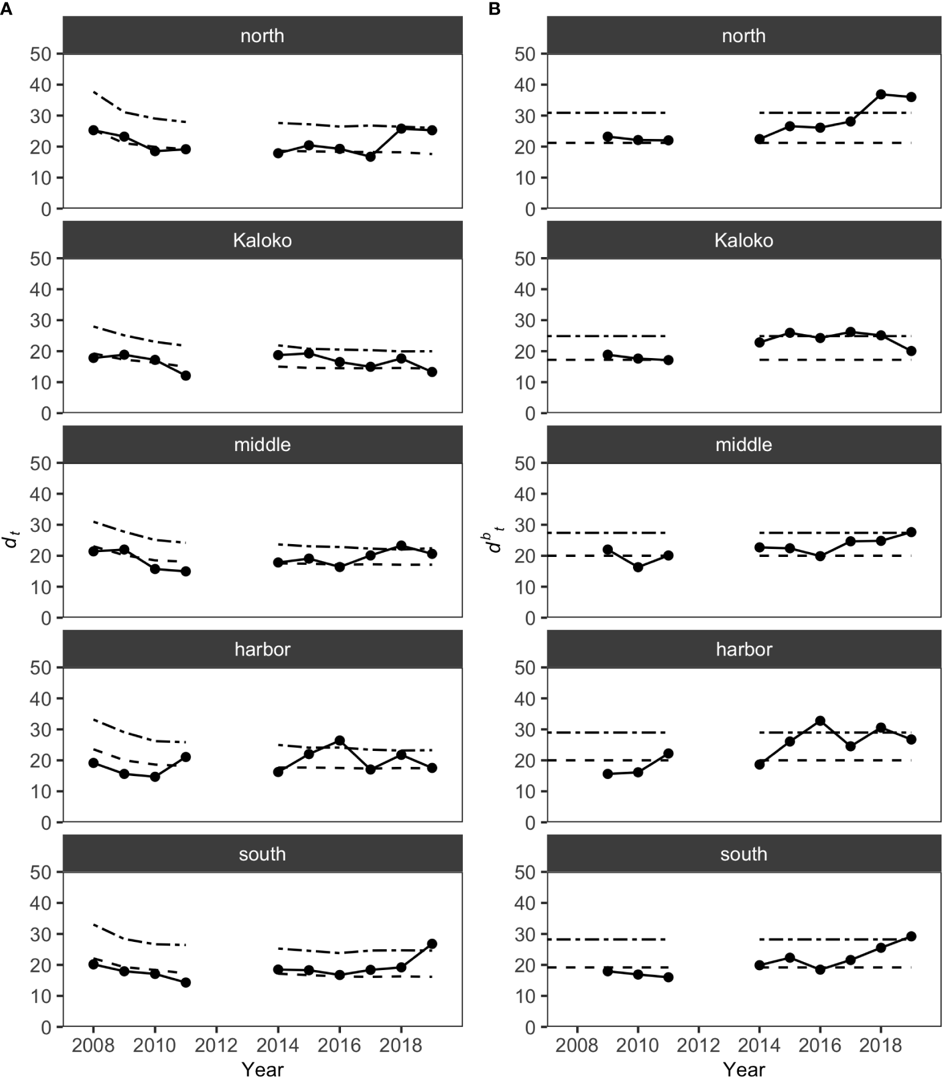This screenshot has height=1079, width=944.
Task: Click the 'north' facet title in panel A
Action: pos(262,35)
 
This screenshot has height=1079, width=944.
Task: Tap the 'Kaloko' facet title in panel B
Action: pos(743,240)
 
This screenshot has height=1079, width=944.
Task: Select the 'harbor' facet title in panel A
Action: pos(262,649)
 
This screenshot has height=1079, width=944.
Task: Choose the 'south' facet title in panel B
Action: pos(743,854)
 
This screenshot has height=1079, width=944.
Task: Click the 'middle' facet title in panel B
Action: pos(743,444)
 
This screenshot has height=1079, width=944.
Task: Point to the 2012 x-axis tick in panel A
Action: pos(216,1045)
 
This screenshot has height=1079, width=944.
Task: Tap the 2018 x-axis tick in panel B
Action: pos(880,1045)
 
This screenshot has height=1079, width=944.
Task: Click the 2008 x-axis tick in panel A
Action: pos(93,1045)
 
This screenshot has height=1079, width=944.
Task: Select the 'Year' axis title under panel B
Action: pos(743,1069)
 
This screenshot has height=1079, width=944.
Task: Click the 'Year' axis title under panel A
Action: pos(262,1069)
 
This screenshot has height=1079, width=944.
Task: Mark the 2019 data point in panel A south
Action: pos(432,944)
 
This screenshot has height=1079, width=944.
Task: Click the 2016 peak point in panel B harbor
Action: pos(820,721)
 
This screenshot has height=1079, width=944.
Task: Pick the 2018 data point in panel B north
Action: pos(880,94)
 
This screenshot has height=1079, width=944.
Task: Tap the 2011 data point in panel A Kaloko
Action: pos(185,375)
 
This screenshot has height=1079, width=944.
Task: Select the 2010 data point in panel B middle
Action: pos(638,567)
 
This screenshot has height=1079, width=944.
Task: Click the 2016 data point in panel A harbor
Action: pos(339,741)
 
